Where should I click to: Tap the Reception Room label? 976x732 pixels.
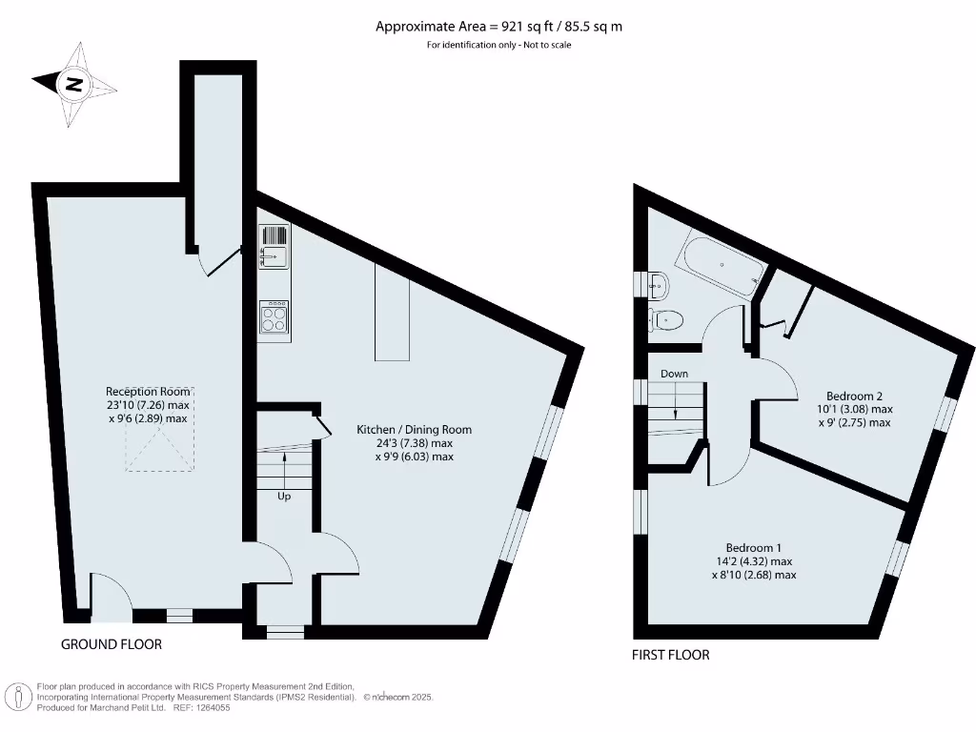tap(150, 391)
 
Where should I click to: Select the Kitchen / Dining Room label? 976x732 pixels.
tap(414, 430)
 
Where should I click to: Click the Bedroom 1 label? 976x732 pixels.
tap(753, 547)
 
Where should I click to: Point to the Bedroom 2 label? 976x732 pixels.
tap(854, 396)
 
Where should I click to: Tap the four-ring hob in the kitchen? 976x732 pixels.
tap(274, 316)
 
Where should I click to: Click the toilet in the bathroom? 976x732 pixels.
tap(666, 318)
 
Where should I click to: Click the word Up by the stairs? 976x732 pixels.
tap(284, 497)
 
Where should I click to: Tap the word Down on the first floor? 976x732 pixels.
tap(674, 374)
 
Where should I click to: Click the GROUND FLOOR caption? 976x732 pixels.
tap(112, 644)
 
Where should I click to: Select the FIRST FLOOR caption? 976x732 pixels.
tap(671, 655)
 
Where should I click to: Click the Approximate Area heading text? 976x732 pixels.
tap(498, 27)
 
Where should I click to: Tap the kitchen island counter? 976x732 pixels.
tap(392, 313)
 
